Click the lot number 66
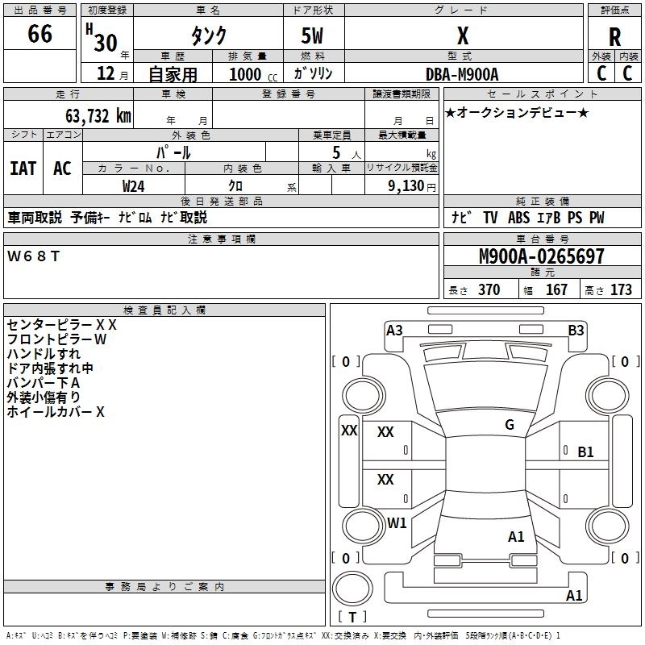click(40, 34)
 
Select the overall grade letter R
click(614, 37)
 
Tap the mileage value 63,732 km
click(98, 116)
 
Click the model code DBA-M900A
click(462, 74)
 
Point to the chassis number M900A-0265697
click(542, 256)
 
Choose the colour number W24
click(133, 186)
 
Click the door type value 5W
click(312, 35)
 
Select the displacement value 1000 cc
click(253, 74)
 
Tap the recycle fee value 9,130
click(406, 186)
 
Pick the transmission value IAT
click(23, 169)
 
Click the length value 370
click(489, 289)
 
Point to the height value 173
click(621, 289)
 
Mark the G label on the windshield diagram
click(510, 425)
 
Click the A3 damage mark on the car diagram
click(394, 331)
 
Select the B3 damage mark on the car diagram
click(576, 331)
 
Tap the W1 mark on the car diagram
click(397, 522)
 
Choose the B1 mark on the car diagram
click(585, 452)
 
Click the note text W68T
click(33, 256)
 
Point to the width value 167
click(556, 289)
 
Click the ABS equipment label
click(518, 218)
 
